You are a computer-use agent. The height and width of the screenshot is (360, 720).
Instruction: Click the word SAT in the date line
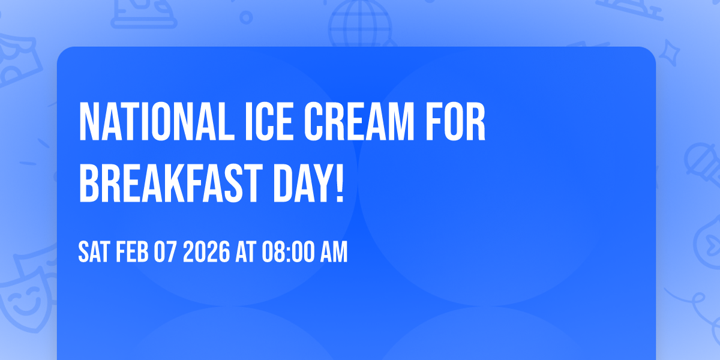pyautogui.click(x=93, y=253)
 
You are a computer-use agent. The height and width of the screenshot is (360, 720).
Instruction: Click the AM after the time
pyautogui.click(x=333, y=253)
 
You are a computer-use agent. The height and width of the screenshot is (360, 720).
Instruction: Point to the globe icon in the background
pyautogui.click(x=359, y=24)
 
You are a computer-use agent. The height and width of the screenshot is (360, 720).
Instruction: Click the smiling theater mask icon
pyautogui.click(x=24, y=300)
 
